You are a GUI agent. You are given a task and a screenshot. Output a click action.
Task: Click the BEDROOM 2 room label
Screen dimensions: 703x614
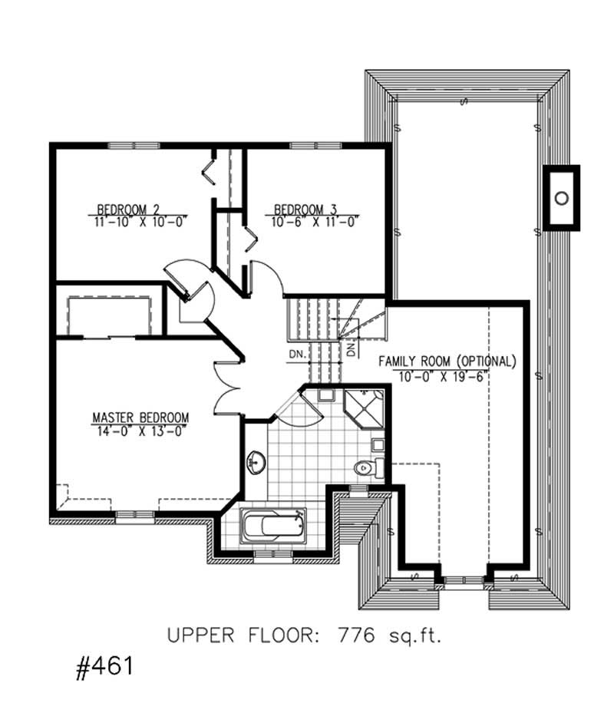pos(128,209)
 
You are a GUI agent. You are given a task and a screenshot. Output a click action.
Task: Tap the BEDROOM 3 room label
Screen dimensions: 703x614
pos(305,209)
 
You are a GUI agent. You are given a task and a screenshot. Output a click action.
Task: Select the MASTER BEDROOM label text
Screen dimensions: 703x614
pos(140,418)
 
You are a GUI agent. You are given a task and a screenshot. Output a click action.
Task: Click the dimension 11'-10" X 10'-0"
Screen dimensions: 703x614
pos(138,221)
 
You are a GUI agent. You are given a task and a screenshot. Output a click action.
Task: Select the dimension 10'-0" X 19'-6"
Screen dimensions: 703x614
pos(444,375)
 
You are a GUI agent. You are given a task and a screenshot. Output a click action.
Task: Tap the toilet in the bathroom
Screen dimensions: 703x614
pos(365,467)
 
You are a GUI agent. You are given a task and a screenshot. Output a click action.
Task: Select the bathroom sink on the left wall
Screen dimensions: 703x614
pos(254,463)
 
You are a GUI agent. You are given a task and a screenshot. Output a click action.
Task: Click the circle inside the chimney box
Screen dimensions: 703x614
pos(562,197)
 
